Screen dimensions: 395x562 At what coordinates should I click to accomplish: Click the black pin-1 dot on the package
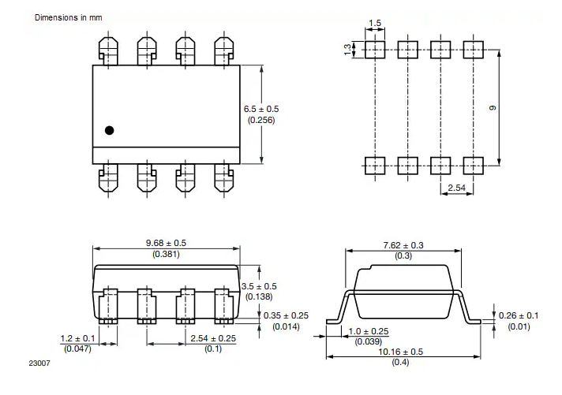click(x=110, y=130)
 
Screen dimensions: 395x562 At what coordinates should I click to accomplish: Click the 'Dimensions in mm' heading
click(x=68, y=17)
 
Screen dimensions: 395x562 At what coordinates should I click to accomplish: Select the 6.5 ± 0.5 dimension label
click(x=261, y=109)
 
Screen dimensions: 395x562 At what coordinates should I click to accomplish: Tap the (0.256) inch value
click(x=261, y=120)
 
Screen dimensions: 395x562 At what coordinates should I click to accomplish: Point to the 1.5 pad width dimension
click(x=375, y=24)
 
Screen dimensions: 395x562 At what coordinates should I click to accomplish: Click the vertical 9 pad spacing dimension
click(x=492, y=107)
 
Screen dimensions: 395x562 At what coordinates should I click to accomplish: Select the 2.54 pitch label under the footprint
click(x=456, y=188)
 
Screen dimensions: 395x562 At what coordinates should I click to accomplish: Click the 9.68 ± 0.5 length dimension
click(x=166, y=243)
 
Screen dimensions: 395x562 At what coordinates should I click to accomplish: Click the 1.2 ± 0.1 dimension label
click(x=77, y=338)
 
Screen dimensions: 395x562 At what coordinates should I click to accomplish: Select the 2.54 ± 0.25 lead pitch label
click(x=212, y=338)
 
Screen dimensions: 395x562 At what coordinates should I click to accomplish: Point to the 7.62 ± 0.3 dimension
click(x=403, y=245)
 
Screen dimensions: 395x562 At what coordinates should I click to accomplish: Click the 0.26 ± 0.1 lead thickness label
click(x=518, y=316)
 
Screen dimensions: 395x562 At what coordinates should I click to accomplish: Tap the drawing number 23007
click(x=39, y=363)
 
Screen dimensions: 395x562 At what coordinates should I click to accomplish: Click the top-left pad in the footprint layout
click(x=374, y=50)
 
